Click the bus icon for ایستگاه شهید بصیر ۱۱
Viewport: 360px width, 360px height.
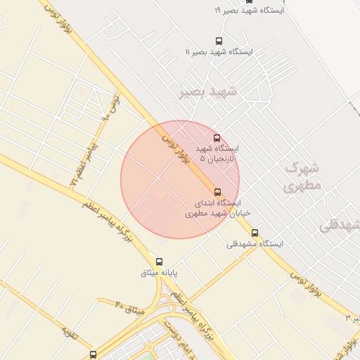click(219, 41)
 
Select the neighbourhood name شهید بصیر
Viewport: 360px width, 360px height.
click(209, 92)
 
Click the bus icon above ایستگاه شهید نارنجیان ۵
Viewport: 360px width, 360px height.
click(217, 138)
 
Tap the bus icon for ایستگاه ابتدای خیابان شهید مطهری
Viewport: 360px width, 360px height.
click(217, 192)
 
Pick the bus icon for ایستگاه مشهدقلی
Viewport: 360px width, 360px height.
click(255, 233)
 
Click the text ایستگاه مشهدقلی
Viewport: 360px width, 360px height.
click(255, 244)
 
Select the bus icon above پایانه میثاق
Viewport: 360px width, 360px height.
click(159, 262)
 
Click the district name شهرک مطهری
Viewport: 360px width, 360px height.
click(303, 176)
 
